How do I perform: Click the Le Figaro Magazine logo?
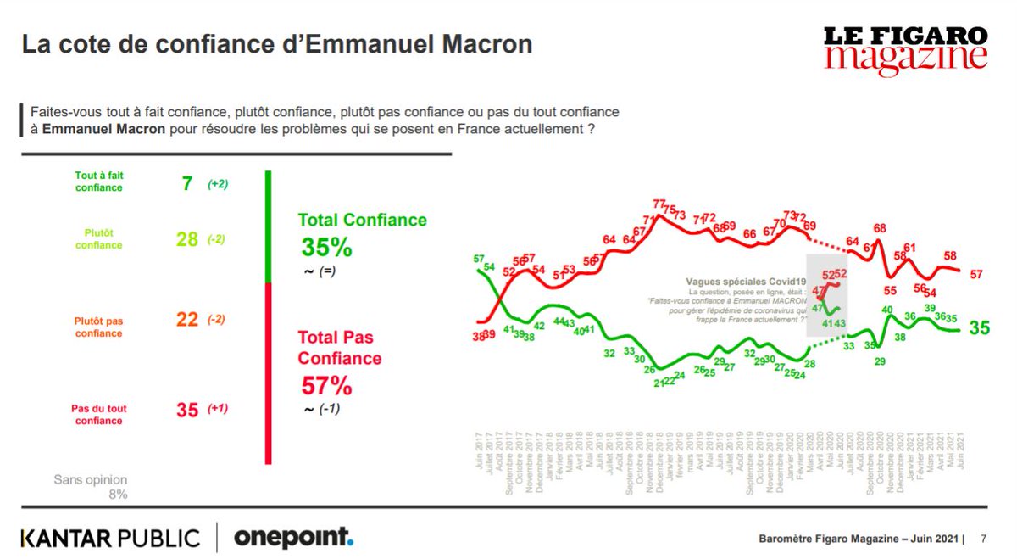[906, 48]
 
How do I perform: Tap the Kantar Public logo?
[110, 538]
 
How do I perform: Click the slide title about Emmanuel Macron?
[276, 44]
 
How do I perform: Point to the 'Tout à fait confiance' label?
[99, 182]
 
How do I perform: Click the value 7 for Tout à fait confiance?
[187, 183]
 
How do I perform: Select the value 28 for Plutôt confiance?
[186, 239]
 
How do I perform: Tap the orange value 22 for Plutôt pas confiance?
[187, 320]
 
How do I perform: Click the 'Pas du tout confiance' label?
[99, 414]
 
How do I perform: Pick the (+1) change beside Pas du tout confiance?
[218, 409]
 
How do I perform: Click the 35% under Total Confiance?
[326, 248]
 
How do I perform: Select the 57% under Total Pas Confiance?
[326, 386]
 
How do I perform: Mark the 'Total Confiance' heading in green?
[362, 220]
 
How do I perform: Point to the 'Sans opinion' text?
[91, 480]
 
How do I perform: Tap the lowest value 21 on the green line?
[656, 382]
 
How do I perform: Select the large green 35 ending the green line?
[979, 327]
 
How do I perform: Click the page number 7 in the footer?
[983, 539]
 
